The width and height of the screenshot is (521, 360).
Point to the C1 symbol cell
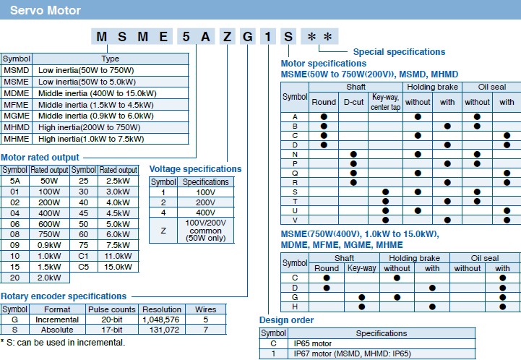tap(84, 255)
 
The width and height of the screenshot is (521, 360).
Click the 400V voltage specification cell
tap(205, 213)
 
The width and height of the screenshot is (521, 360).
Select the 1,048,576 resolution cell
tap(162, 320)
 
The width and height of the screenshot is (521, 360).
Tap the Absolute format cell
tap(57, 330)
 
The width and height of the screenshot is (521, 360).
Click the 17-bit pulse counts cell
tap(113, 330)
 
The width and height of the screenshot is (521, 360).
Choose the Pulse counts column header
tap(113, 309)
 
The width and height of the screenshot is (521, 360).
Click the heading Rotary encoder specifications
tap(64, 296)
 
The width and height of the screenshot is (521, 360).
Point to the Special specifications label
tap(399, 52)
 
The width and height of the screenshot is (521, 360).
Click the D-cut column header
tap(353, 102)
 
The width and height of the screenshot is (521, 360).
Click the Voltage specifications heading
tap(195, 169)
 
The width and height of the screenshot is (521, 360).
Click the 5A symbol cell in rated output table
tap(14, 180)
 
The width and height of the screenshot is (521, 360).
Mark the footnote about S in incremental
tap(63, 342)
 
